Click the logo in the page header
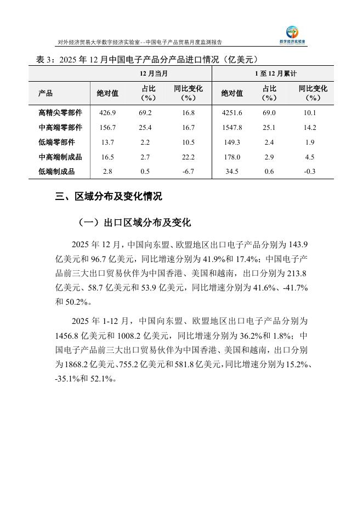pyautogui.click(x=293, y=35)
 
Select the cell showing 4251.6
pyautogui.click(x=231, y=113)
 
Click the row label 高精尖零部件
pyautogui.click(x=60, y=113)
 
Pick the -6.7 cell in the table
pyautogui.click(x=188, y=172)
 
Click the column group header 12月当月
pyautogui.click(x=150, y=73)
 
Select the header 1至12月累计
pyautogui.click(x=273, y=73)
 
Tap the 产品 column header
pyautogui.click(x=46, y=93)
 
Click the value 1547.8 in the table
pyautogui.click(x=231, y=128)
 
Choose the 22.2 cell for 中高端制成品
pyautogui.click(x=188, y=157)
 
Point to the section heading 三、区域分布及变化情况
pyautogui.click(x=109, y=196)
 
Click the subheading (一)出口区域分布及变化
pyautogui.click(x=134, y=223)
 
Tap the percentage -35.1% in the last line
pyautogui.click(x=66, y=379)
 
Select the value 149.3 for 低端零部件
pyautogui.click(x=231, y=142)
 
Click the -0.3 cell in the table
pyautogui.click(x=310, y=172)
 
